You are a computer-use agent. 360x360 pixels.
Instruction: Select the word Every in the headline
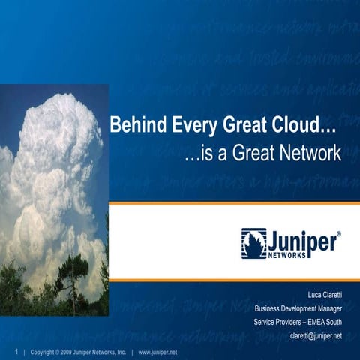pos(193,127)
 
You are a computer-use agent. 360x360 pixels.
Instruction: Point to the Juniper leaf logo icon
pos(253,243)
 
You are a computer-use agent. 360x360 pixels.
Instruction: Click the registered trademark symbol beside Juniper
pos(339,235)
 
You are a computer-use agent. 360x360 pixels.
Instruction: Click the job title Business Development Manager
pos(298,308)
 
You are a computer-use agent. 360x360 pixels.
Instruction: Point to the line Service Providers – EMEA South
pos(298,322)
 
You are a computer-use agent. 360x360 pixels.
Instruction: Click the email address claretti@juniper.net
pos(316,335)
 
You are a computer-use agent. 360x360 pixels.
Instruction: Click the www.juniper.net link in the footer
pos(158,351)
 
